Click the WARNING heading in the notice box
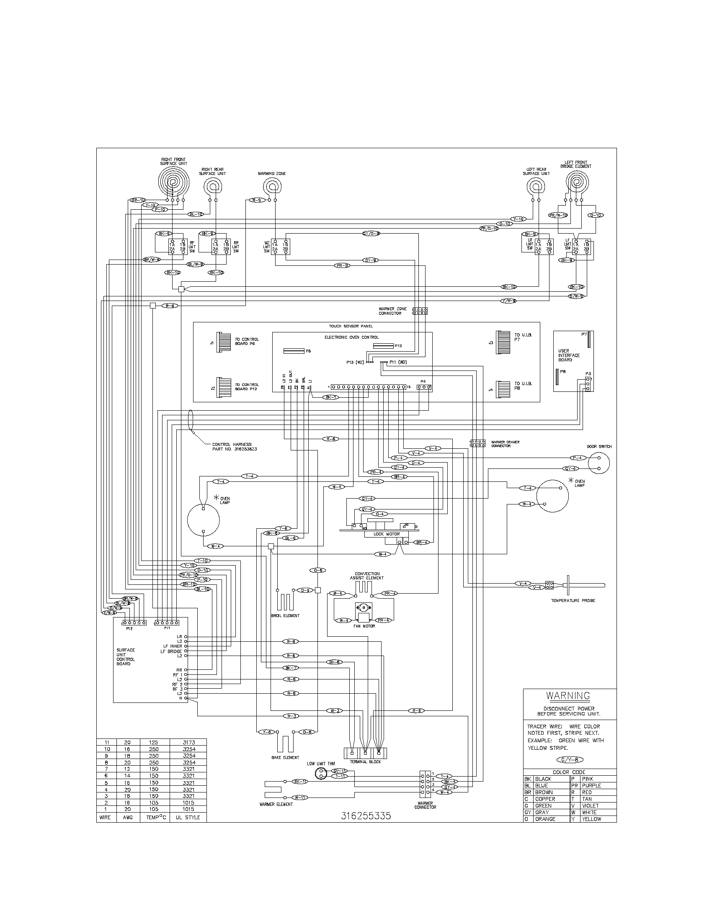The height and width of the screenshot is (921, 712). [568, 695]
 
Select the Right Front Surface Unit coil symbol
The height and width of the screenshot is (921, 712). [173, 182]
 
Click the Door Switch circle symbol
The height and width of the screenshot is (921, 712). [599, 463]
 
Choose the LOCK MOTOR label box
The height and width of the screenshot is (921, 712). [387, 534]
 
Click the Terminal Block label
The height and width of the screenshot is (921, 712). [365, 761]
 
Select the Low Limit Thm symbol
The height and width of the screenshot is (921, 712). [321, 773]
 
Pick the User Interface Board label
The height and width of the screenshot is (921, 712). [569, 355]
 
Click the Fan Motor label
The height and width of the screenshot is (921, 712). [364, 626]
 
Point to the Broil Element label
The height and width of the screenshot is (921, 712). [285, 615]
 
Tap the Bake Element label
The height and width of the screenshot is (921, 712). [285, 757]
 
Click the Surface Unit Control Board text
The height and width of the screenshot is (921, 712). [126, 656]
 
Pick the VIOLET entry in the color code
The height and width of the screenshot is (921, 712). [590, 805]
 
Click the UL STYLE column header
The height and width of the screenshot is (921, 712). [188, 817]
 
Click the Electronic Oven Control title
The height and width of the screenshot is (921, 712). [351, 337]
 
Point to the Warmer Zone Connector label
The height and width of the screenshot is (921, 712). [392, 311]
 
